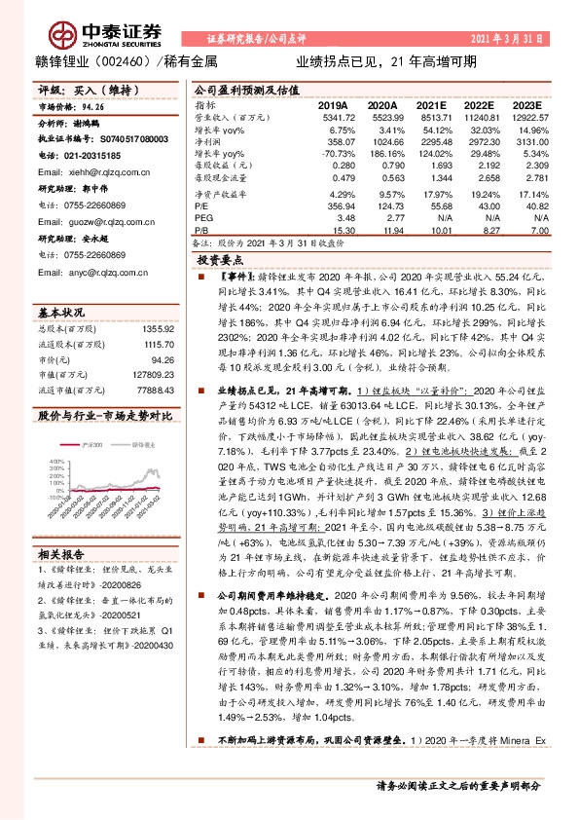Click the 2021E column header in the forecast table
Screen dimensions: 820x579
[434, 103]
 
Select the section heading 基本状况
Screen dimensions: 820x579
[61, 312]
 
